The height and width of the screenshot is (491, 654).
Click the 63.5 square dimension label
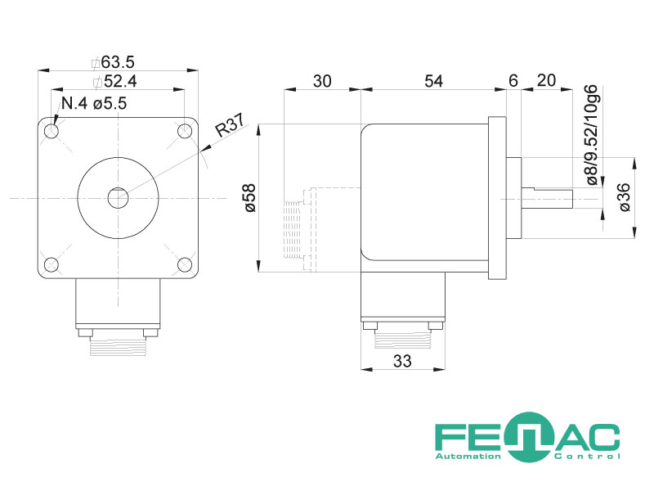113,62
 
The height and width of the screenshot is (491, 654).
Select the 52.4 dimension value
115,81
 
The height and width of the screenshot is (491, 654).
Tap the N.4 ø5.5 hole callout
94,103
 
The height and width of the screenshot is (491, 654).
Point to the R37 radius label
230,125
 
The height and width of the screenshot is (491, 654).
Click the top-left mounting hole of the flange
52,131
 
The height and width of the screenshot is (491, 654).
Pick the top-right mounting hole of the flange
185,131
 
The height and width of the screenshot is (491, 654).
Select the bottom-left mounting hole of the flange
52,264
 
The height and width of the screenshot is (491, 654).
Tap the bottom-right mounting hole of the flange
185,264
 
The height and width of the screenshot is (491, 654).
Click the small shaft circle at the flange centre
118,198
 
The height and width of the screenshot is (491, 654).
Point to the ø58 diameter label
251,198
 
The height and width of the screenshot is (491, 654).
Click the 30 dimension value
322,81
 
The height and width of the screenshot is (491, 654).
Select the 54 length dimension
434,81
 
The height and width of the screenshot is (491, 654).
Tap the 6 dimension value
513,80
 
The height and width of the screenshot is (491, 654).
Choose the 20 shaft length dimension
546,80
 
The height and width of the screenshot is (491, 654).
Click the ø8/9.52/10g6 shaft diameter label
592,135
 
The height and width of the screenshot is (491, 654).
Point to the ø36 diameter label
625,197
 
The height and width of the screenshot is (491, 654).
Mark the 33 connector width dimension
402,361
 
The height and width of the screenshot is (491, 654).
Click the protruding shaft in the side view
547,199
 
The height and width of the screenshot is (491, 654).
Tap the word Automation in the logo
468,457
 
